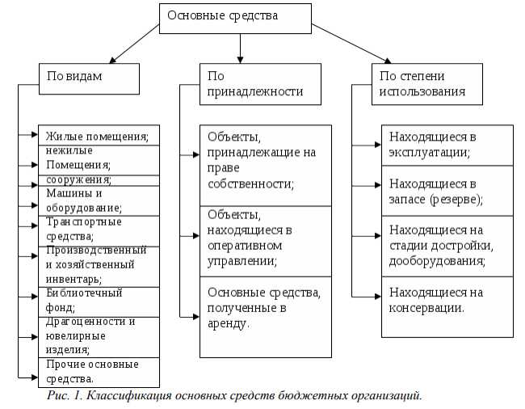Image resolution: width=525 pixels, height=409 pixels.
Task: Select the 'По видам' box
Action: pos(89,78)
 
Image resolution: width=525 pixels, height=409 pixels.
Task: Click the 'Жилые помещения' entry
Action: pos(98,136)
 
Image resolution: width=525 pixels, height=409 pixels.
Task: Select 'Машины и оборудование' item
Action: pos(98,200)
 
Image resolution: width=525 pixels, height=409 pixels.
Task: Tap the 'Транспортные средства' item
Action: pos(98,230)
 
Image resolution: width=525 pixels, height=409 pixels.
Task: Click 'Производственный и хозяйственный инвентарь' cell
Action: pos(98,264)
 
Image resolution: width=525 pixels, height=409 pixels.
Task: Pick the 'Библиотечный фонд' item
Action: pos(98,300)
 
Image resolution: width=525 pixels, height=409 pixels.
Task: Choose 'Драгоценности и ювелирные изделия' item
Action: pos(98,335)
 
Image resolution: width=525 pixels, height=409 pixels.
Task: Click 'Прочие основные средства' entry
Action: pos(98,370)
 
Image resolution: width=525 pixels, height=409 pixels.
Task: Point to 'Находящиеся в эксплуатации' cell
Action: pos(447,144)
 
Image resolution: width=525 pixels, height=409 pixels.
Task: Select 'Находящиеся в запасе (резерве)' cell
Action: pos(447,190)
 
